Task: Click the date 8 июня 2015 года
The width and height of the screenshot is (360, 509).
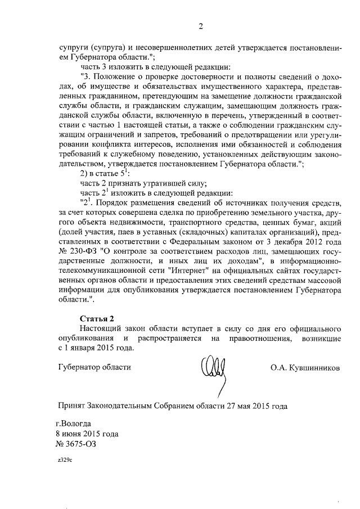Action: [87, 434]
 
